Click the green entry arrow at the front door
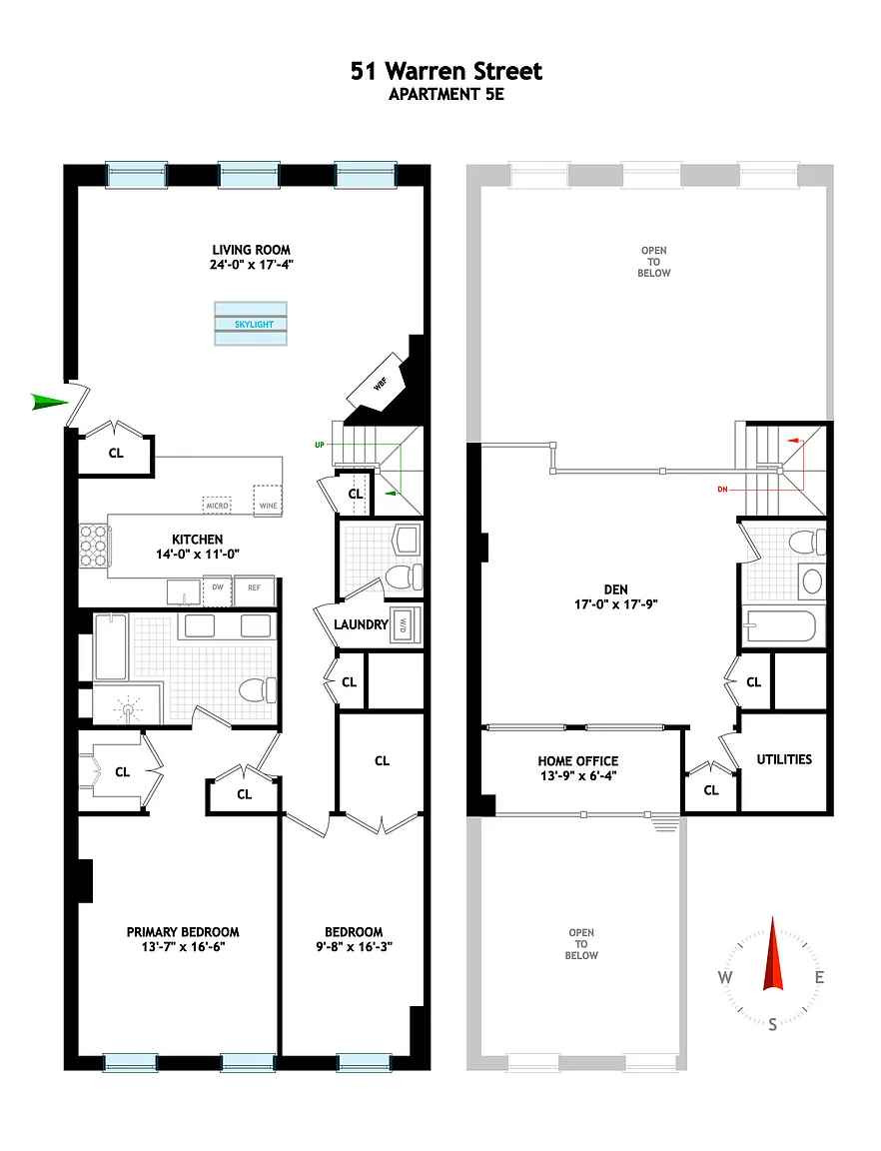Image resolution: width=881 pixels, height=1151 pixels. [49, 402]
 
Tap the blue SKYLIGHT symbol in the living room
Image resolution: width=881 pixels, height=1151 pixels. [251, 324]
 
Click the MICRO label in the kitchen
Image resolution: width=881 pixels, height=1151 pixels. [217, 506]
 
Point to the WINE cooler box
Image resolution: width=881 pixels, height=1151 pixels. [268, 500]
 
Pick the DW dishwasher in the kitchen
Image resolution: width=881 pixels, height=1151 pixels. [218, 591]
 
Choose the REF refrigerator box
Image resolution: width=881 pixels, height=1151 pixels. [254, 590]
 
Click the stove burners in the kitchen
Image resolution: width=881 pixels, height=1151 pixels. [93, 547]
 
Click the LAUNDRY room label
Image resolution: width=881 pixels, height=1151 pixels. [361, 624]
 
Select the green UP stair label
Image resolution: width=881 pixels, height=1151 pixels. [320, 445]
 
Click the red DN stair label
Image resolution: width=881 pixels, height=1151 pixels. [722, 489]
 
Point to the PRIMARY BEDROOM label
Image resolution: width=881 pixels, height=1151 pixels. [183, 932]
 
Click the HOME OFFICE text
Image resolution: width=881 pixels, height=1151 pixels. [577, 761]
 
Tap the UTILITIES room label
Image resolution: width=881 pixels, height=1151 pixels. [784, 759]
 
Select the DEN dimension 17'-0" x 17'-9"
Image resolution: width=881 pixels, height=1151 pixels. [616, 604]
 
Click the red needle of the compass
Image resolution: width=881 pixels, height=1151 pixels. [773, 953]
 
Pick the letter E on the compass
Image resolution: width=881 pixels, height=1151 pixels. [819, 978]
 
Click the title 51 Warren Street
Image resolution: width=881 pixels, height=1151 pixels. [446, 71]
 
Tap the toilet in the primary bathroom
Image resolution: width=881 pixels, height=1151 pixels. [257, 690]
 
